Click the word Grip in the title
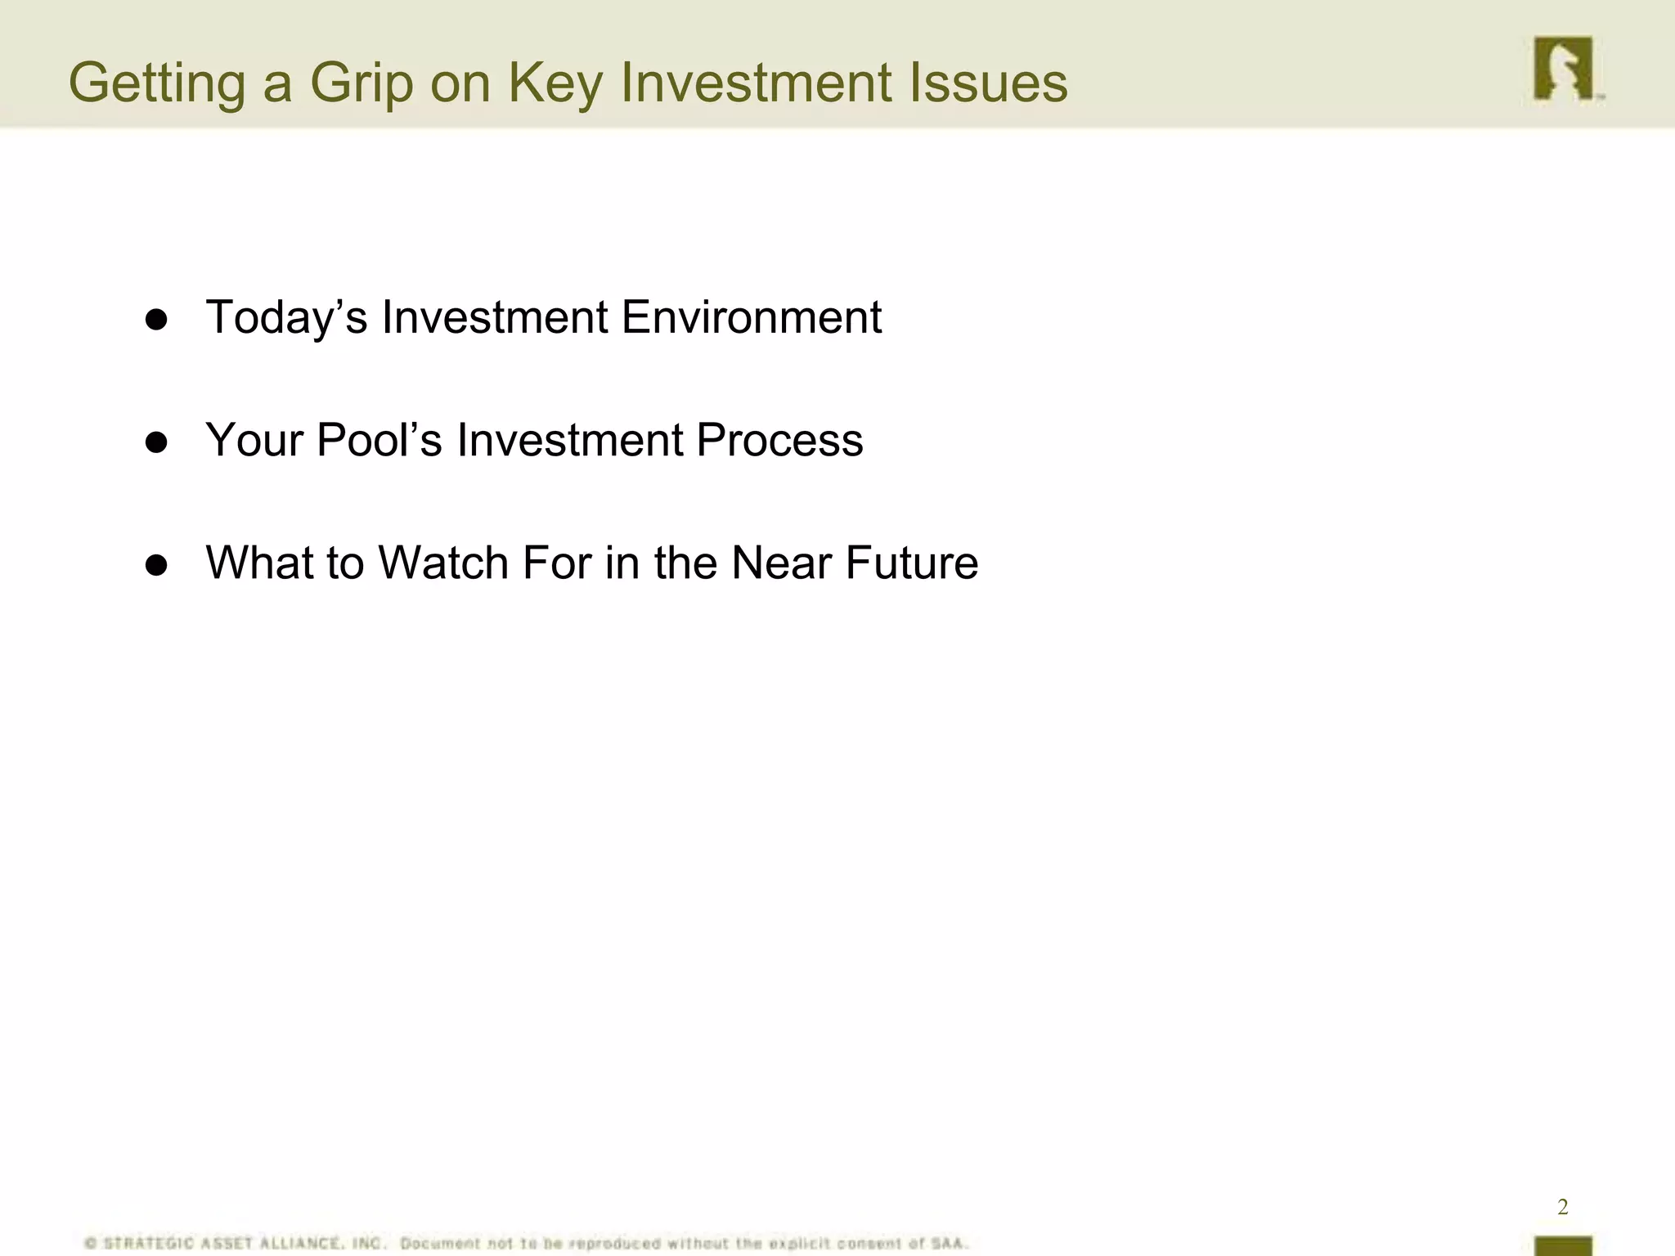pos(361,83)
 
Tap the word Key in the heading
pos(555,83)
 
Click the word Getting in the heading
pos(156,83)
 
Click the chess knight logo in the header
pos(1563,69)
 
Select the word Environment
pos(751,317)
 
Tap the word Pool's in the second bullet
pos(379,440)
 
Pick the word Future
pos(911,563)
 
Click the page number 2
pos(1562,1207)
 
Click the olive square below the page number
pos(1563,1246)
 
